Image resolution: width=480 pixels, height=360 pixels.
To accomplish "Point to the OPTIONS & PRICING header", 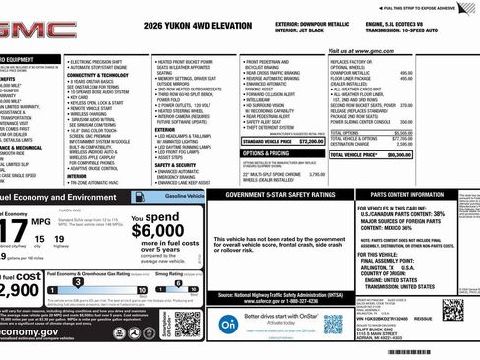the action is click(x=266, y=153).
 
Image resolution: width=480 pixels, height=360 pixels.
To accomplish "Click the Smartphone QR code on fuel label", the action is click(x=188, y=320).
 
